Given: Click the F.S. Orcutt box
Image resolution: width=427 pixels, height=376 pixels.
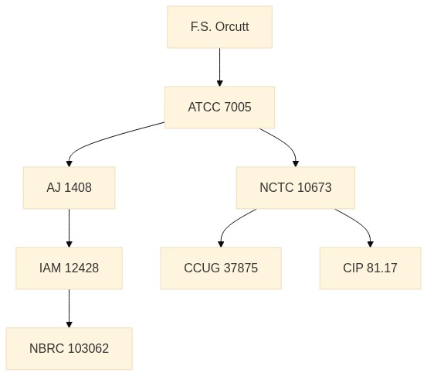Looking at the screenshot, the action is click(x=219, y=27).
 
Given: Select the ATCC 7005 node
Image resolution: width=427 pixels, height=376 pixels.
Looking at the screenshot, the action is click(x=219, y=108).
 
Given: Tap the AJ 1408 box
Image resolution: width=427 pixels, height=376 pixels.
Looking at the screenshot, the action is click(x=69, y=188).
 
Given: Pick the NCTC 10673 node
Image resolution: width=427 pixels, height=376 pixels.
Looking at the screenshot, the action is click(x=296, y=188).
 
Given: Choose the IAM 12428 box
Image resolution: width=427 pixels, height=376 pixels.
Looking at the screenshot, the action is click(x=69, y=268).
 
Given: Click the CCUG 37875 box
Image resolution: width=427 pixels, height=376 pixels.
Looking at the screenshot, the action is click(x=221, y=268).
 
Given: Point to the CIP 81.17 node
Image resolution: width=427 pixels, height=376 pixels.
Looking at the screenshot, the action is click(x=370, y=268).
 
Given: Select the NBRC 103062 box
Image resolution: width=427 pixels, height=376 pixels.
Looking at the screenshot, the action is click(x=69, y=348).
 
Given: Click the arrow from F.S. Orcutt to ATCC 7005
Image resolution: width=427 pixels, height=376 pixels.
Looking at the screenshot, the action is click(x=220, y=67).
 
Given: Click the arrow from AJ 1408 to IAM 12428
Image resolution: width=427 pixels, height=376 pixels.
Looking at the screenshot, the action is click(x=69, y=227).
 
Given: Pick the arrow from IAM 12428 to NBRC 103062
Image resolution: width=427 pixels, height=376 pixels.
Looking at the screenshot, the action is click(x=69, y=309).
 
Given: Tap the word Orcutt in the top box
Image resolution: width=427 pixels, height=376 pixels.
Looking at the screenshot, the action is click(x=232, y=27).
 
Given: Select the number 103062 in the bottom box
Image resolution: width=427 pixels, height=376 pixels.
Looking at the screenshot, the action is click(x=88, y=348).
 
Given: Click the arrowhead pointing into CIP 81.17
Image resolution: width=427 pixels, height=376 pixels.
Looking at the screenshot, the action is click(x=370, y=244).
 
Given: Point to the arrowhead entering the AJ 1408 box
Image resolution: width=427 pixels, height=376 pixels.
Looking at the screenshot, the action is click(x=69, y=163).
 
